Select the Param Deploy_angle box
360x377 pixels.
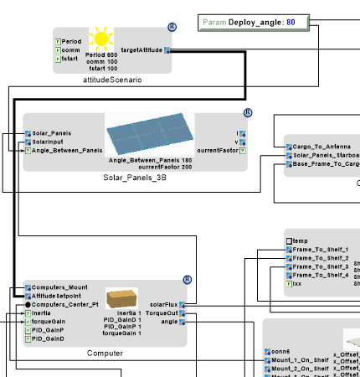255,23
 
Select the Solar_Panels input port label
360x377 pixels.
52,133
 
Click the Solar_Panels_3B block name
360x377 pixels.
135,178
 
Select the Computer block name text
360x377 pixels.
105,353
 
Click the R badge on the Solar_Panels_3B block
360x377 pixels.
248,113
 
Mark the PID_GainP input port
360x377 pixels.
27,330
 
